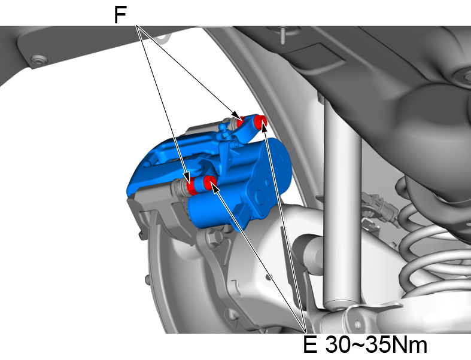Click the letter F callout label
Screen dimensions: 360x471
(121, 15)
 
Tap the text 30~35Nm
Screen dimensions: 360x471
(376, 345)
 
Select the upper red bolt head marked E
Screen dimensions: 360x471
(261, 121)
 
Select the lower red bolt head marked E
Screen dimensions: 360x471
(209, 182)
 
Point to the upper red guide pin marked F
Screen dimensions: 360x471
(241, 121)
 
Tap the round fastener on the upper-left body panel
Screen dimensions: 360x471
(39, 60)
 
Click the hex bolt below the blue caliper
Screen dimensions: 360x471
(211, 239)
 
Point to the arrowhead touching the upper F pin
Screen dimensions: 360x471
(236, 115)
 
